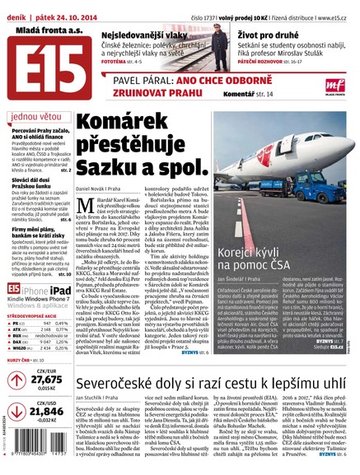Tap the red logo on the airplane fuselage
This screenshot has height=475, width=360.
[283, 151]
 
